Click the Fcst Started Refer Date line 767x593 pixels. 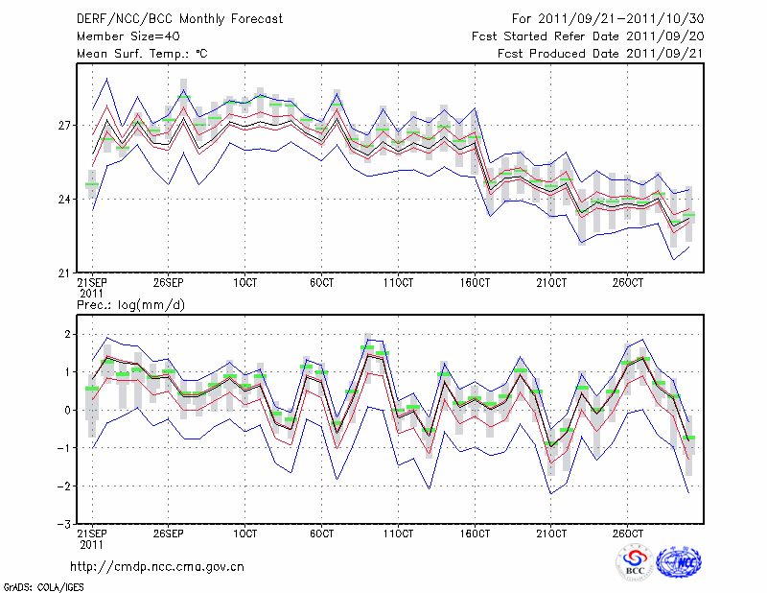(x=588, y=36)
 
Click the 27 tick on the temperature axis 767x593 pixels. (x=64, y=126)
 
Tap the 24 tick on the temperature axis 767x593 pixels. (x=64, y=200)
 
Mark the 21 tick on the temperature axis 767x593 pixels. (x=64, y=273)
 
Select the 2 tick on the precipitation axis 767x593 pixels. (x=67, y=334)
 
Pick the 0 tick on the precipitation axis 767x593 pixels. (x=67, y=410)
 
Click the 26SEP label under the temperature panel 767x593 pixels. (x=169, y=284)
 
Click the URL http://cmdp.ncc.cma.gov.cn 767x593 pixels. (x=157, y=567)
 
